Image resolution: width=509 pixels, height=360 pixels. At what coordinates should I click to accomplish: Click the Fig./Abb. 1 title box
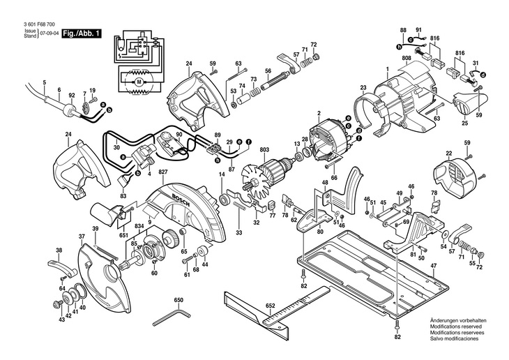pos(82,33)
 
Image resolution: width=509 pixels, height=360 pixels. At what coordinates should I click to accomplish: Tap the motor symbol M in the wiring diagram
pos(139,82)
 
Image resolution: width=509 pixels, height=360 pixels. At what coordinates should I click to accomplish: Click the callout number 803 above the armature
pos(264,150)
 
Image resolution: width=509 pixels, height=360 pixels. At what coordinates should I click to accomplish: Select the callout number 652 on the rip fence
pos(270,306)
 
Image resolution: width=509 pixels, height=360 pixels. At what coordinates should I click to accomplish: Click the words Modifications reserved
pos(456,327)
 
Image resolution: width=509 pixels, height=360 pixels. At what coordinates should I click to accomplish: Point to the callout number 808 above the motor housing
pos(407,58)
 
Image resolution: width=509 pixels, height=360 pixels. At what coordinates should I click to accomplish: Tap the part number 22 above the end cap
pos(449,153)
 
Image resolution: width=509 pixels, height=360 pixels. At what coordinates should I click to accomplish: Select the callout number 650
pos(178,300)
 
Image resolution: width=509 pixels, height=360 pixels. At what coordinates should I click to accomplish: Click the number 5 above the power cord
pos(45,82)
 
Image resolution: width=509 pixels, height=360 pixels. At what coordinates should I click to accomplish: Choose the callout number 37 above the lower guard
pos(82,237)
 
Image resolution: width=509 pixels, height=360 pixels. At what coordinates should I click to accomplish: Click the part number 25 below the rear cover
pos(465,123)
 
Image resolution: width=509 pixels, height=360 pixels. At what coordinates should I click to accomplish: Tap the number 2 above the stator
pos(319,114)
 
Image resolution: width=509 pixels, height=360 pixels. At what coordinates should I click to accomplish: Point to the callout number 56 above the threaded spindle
pos(268,71)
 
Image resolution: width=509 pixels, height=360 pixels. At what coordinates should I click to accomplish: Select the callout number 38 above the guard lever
pos(59,250)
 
